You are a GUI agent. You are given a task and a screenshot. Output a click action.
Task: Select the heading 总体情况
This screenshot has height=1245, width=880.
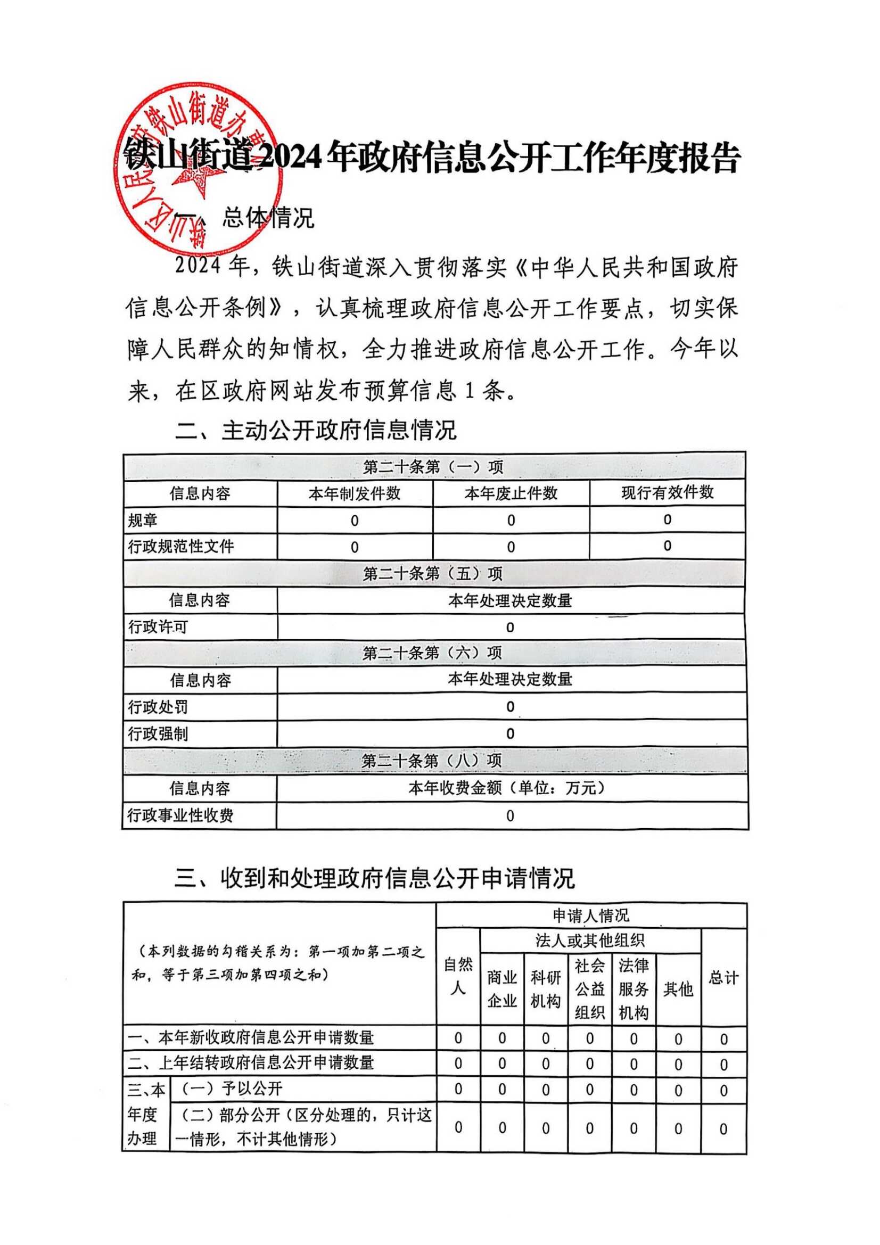(268, 218)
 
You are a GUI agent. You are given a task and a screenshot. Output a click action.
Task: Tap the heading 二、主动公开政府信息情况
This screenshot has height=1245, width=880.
(316, 430)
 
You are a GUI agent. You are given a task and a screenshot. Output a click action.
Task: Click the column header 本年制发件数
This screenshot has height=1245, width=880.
(354, 493)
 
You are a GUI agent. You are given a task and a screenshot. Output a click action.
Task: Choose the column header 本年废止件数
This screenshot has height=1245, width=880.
(511, 493)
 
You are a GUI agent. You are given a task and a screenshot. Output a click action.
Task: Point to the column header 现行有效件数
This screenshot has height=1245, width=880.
(667, 492)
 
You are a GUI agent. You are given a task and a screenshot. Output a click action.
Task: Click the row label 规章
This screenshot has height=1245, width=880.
(143, 520)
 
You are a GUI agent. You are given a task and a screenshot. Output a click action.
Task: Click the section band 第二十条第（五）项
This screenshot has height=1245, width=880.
(433, 573)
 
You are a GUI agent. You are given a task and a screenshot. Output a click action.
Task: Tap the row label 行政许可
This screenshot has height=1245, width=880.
(158, 627)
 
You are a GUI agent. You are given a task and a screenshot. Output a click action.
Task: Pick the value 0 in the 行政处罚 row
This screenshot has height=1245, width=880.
(509, 706)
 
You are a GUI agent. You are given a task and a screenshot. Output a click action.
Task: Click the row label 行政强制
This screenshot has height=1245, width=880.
(158, 733)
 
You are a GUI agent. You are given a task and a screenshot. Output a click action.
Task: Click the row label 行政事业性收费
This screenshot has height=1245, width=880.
(180, 815)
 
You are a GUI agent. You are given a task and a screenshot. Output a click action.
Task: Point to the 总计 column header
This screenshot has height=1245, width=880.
(723, 978)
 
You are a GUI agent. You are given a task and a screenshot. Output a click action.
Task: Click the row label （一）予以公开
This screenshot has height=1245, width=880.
(232, 1089)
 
